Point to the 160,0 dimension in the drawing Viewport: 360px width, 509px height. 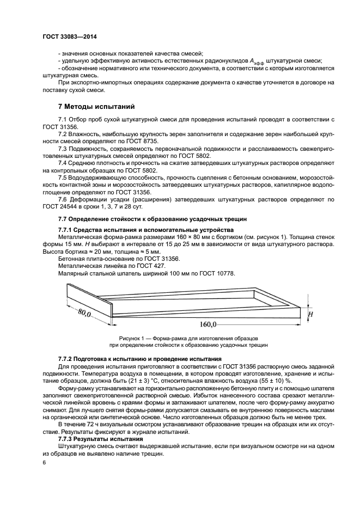coord(207,324)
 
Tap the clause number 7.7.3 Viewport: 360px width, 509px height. coord(68,438)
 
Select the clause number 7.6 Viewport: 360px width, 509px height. coord(63,199)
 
